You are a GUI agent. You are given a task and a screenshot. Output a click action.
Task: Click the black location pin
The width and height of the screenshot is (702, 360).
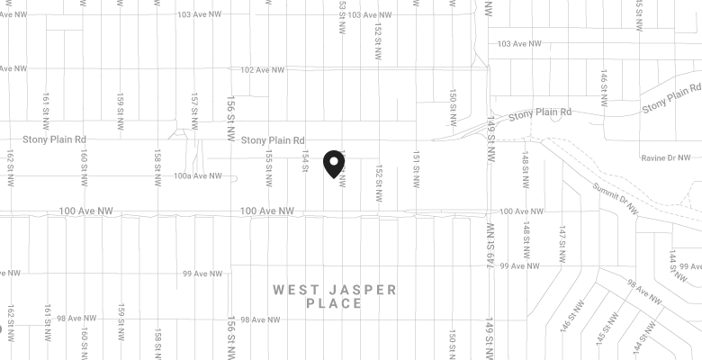click(x=335, y=163)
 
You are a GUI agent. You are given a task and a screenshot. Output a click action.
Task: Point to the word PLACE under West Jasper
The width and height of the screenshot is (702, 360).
click(x=333, y=304)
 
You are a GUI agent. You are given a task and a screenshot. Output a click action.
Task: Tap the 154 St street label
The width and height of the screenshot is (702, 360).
click(x=305, y=163)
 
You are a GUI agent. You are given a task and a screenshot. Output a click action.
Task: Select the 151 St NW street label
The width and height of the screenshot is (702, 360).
click(x=416, y=168)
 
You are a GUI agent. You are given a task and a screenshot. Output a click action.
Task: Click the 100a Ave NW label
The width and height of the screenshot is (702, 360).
click(x=198, y=176)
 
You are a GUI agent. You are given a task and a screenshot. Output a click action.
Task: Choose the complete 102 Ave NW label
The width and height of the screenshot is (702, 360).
click(x=262, y=69)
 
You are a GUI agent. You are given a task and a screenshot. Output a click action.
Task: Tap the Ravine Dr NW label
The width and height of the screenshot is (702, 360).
click(x=665, y=157)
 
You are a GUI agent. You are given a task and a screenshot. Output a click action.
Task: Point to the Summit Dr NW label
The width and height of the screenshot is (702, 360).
click(x=615, y=198)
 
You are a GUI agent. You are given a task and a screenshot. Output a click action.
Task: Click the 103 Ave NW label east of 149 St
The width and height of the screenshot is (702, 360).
click(x=519, y=43)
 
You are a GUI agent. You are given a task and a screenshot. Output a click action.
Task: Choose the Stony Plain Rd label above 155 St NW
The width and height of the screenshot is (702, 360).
click(x=272, y=139)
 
